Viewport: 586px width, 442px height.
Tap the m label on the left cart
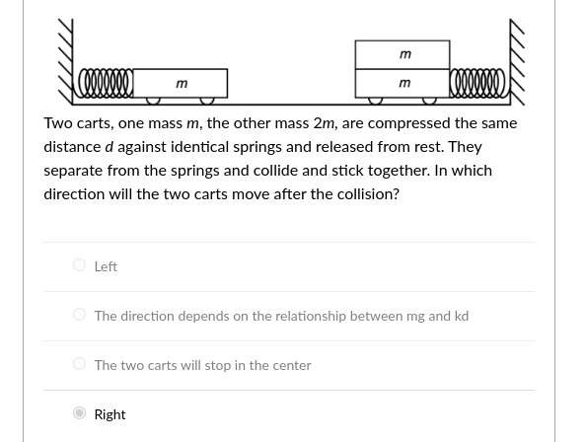[x=182, y=84]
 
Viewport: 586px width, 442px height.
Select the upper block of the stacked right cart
[x=403, y=54]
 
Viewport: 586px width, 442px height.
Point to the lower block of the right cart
[x=403, y=84]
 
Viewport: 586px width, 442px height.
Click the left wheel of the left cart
[x=154, y=101]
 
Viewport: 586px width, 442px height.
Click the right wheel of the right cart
[x=430, y=101]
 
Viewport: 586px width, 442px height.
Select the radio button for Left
[x=79, y=265]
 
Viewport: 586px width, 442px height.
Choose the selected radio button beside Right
[x=79, y=413]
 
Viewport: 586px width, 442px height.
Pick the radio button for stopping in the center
[x=79, y=364]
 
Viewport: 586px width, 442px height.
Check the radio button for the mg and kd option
[x=79, y=315]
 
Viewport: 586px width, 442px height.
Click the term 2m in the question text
[x=324, y=123]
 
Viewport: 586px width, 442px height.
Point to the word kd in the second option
[x=461, y=316]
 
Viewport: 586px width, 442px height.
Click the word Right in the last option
[x=110, y=414]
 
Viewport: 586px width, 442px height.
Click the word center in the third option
[x=291, y=365]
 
